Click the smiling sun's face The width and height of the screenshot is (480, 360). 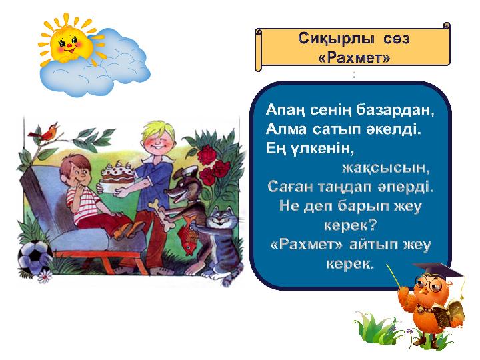pos(71,45)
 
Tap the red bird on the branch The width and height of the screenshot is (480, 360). pos(45,133)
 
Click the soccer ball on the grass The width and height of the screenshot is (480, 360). pos(34,257)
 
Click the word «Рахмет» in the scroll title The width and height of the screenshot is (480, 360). pos(354,57)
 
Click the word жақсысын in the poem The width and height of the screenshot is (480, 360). pos(386,168)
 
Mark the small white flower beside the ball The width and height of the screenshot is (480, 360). pos(45,277)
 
